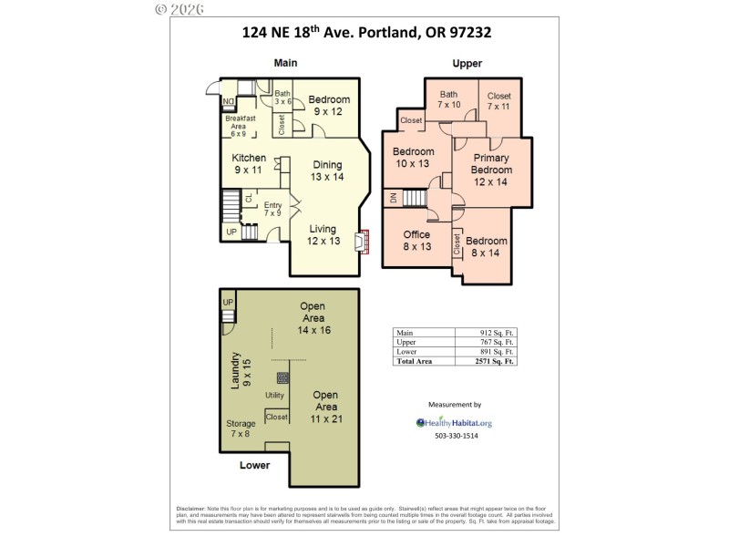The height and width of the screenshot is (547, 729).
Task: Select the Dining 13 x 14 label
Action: point(326,170)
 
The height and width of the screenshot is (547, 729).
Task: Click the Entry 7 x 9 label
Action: point(272,209)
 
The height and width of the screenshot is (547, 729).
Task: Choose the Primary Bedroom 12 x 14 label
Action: point(490,170)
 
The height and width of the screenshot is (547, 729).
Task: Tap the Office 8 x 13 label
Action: point(416,241)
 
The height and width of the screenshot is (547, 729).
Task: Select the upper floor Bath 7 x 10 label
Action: point(449,99)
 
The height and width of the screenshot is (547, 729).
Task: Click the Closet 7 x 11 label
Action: point(498,101)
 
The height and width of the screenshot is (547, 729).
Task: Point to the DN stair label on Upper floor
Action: point(393,198)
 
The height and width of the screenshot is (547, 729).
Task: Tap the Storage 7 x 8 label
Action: point(241,428)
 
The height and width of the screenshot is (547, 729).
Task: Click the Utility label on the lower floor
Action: point(274,395)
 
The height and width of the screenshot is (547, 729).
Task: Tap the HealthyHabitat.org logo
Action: point(454,423)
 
